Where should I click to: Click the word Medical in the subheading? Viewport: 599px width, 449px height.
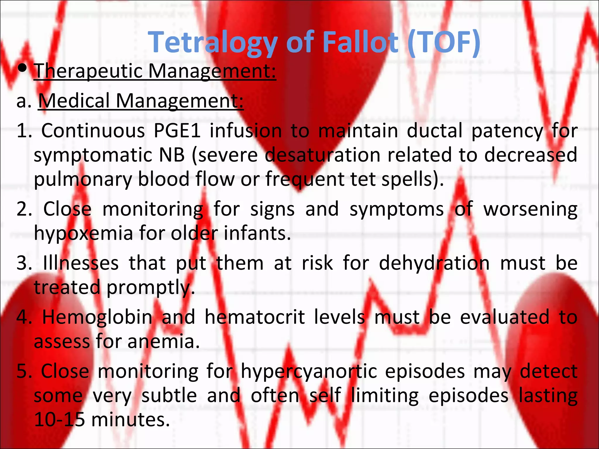[74, 101]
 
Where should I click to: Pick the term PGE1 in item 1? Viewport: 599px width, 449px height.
[177, 131]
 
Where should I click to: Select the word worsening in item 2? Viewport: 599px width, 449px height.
[530, 209]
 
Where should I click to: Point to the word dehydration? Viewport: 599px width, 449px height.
[434, 263]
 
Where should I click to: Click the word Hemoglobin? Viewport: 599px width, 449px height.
[97, 317]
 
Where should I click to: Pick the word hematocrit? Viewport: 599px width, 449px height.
[255, 317]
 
